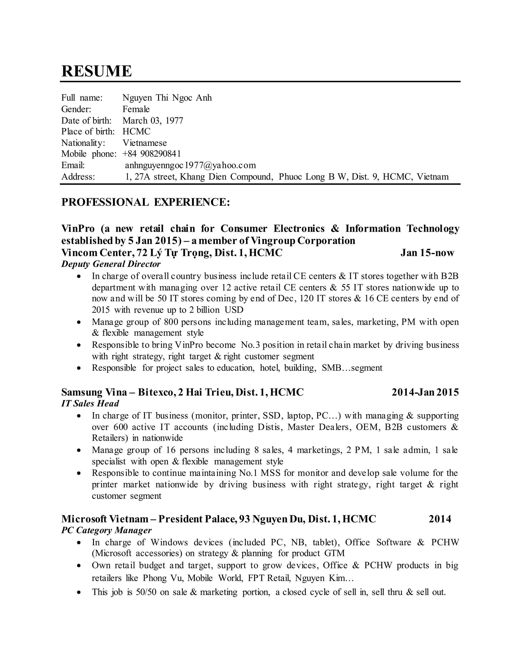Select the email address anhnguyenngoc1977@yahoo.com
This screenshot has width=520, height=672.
point(190,165)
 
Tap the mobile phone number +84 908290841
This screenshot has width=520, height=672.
point(152,153)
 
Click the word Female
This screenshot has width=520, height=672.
point(136,109)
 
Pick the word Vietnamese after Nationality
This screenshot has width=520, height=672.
point(144,143)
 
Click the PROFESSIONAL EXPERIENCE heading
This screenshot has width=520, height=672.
point(146,202)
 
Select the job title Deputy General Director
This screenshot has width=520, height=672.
point(111,264)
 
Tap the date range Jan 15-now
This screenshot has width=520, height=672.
point(427,253)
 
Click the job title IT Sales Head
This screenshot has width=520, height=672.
point(90,403)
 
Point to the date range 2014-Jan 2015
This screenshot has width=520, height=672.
point(425,392)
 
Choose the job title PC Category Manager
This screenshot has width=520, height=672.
point(106,530)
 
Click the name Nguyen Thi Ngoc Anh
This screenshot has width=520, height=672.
point(167,98)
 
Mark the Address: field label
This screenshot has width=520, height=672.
point(78,176)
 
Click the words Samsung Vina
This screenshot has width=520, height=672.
point(94,392)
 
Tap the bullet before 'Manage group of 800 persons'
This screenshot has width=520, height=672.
point(79,322)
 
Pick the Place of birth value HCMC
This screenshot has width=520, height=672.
point(136,131)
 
